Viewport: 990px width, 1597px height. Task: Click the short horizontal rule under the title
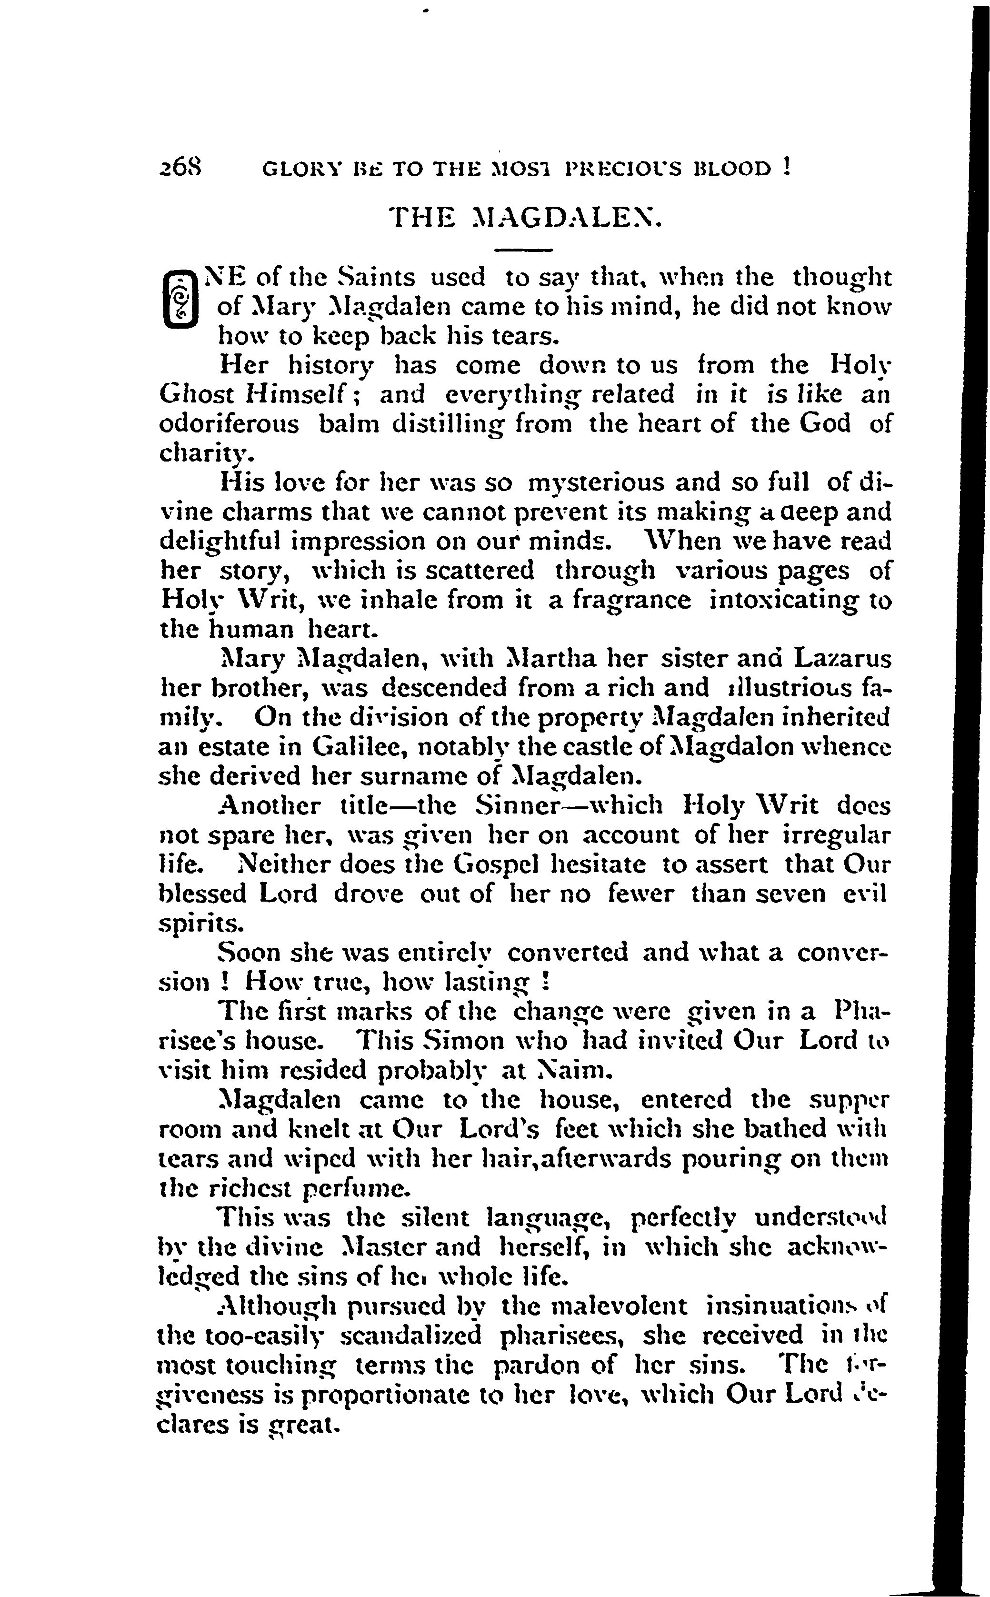[x=523, y=250]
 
